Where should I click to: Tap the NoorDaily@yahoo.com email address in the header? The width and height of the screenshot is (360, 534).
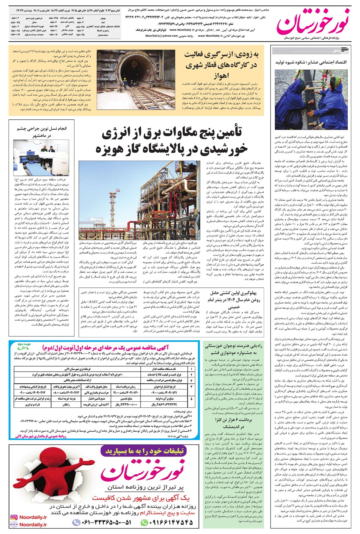162,36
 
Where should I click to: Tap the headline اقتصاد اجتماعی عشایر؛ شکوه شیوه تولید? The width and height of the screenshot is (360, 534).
310,62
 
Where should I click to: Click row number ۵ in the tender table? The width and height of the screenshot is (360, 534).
191,398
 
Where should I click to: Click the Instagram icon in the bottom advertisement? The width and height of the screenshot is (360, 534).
13,517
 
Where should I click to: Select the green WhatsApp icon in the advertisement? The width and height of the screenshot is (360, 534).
145,523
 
